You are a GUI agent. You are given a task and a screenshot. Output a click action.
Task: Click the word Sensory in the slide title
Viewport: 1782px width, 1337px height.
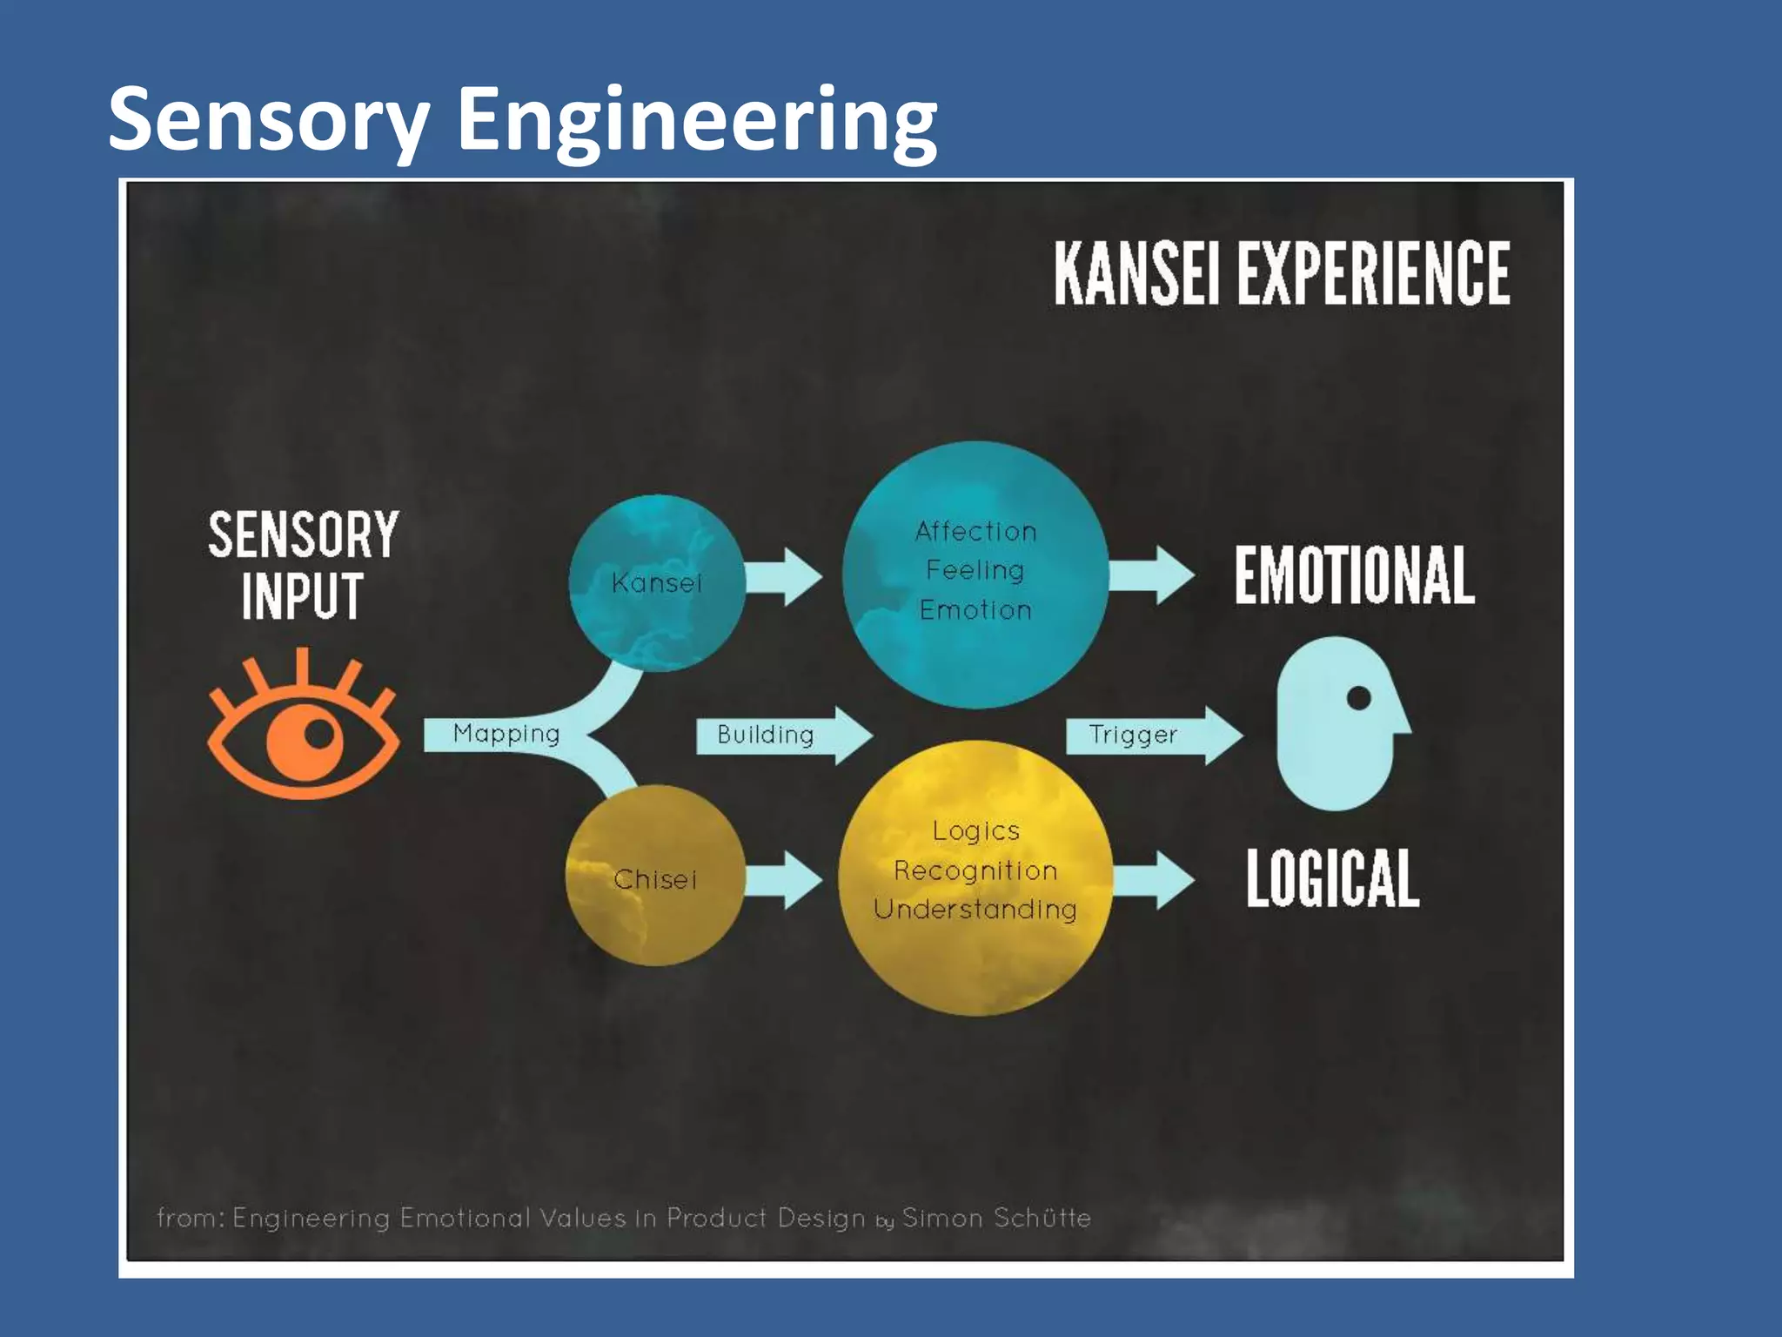[x=268, y=120]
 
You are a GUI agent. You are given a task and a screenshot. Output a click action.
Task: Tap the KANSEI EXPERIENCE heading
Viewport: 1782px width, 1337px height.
[x=1282, y=273]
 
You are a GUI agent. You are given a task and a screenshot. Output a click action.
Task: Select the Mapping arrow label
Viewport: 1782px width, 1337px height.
[x=506, y=734]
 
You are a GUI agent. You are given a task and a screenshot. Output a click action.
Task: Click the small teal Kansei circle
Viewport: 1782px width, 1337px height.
[x=657, y=582]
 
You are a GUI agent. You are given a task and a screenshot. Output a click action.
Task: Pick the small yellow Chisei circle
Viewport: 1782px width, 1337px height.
[x=655, y=877]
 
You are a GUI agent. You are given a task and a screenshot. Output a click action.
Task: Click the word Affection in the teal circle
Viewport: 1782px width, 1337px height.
[x=975, y=531]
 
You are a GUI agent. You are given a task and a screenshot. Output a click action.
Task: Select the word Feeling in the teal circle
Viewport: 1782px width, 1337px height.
[x=975, y=570]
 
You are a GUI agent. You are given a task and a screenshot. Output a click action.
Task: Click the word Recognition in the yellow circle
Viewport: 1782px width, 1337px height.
[x=975, y=870]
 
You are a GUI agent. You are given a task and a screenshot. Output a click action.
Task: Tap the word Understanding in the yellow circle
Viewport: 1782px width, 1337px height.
[x=975, y=909]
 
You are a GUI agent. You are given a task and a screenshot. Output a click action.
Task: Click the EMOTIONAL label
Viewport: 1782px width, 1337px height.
[x=1354, y=575]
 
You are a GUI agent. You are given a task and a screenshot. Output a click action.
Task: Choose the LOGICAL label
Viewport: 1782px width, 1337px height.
[x=1332, y=878]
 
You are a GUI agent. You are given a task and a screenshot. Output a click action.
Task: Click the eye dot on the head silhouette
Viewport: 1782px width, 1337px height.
[x=1359, y=697]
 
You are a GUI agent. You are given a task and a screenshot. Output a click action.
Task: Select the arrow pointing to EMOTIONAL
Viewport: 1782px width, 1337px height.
[x=1150, y=575]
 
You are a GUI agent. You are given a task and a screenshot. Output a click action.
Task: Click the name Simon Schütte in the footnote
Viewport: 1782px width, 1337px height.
[x=996, y=1217]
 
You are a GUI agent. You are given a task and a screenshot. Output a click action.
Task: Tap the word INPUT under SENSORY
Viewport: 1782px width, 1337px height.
[x=302, y=596]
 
